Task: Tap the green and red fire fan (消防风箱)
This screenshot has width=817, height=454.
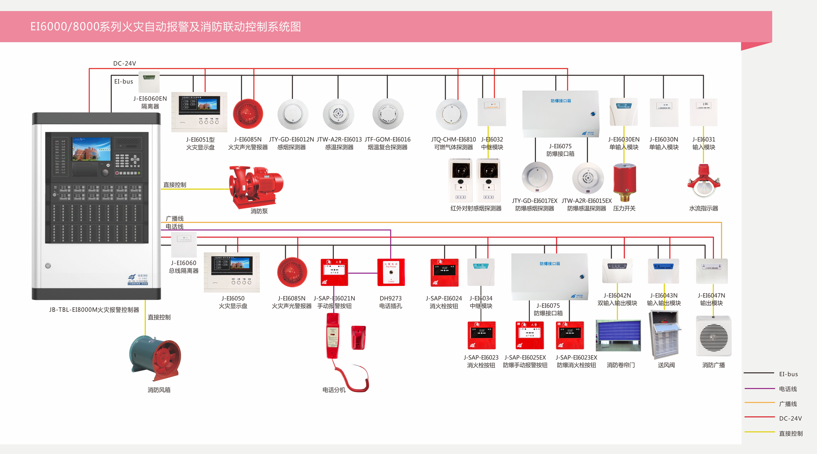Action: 156,358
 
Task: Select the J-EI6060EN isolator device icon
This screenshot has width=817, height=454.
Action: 149,82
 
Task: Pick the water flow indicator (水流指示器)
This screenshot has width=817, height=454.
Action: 703,181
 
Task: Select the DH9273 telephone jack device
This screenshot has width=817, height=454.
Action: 391,272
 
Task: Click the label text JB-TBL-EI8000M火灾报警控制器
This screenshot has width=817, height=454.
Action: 94,310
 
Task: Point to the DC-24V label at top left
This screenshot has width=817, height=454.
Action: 124,64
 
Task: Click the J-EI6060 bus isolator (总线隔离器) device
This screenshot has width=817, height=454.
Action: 184,245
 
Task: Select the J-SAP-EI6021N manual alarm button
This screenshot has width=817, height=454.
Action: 334,272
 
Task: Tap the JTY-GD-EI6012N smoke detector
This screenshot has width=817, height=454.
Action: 292,115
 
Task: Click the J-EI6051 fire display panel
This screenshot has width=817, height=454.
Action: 199,112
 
